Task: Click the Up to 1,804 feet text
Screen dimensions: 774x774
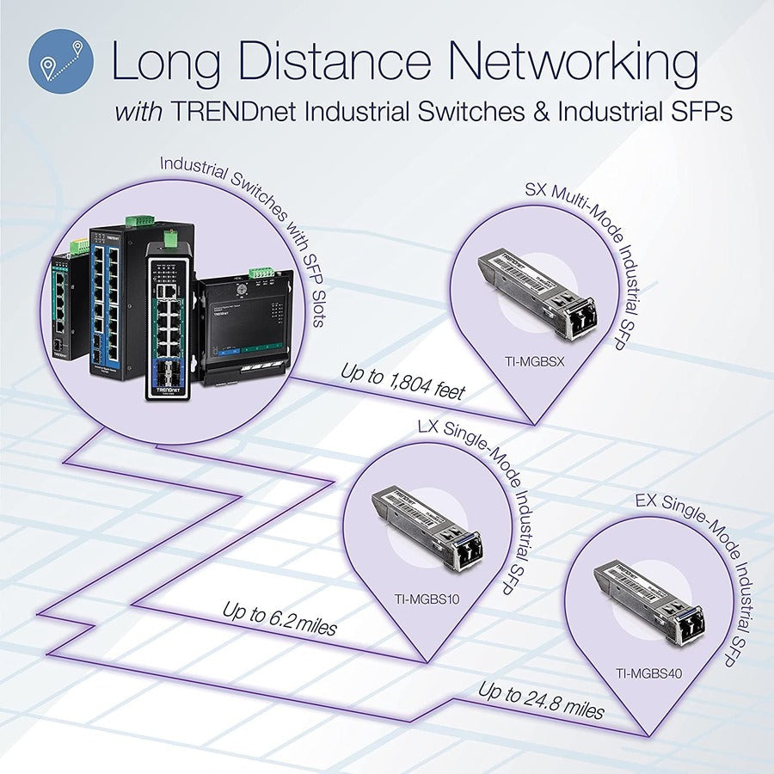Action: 402,383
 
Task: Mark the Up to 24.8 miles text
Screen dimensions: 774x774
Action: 541,700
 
